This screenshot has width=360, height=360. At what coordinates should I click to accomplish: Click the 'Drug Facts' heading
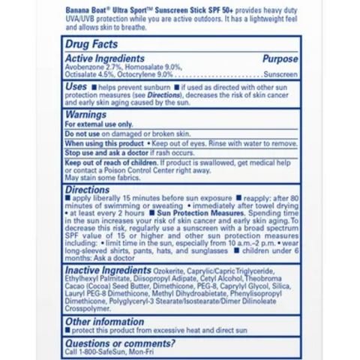pos(91,45)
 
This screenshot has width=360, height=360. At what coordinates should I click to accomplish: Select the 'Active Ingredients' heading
pos(104,58)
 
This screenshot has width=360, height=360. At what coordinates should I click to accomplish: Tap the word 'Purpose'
pos(280,58)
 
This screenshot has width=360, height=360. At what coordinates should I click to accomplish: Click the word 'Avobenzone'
pos(81,67)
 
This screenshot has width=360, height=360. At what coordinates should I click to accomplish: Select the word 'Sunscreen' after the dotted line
pos(280,75)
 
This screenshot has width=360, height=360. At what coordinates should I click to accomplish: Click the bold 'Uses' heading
pos(76,87)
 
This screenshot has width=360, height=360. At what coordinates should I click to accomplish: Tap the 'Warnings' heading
pos(85,115)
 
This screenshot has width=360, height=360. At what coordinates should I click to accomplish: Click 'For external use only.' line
pos(98,124)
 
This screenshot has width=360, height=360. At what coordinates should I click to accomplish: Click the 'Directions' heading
pos(87,190)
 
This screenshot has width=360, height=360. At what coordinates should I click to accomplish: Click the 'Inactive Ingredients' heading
pos(108,270)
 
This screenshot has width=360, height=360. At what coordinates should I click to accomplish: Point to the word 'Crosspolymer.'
pos(88,308)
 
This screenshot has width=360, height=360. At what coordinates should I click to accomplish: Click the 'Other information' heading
pos(104,322)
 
